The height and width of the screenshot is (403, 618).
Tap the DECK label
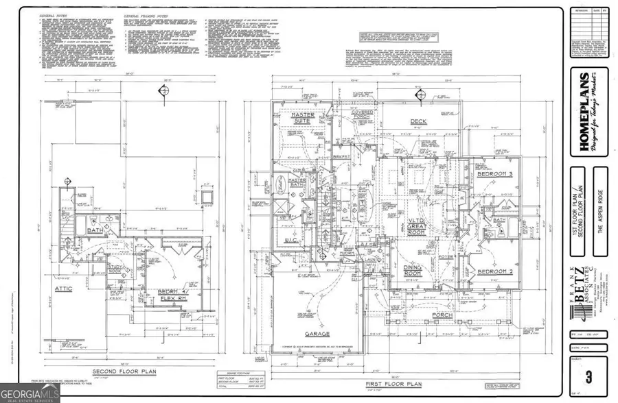click(419, 122)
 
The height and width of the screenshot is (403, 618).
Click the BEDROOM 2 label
click(495, 271)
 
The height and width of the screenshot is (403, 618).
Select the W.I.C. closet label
click(290, 240)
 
